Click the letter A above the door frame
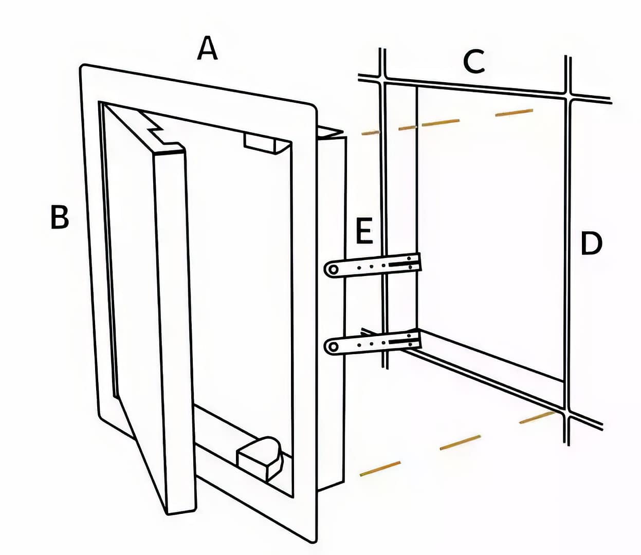click(208, 49)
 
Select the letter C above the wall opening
click(473, 61)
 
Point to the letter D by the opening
click(591, 243)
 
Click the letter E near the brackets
click(364, 231)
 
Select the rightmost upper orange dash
click(514, 112)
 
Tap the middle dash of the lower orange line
click(460, 442)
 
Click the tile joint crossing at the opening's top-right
click(568, 96)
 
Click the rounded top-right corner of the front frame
click(312, 107)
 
